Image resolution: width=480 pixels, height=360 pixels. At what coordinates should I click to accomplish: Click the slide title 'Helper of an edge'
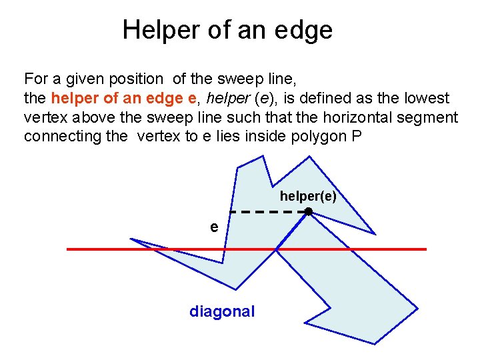(227, 30)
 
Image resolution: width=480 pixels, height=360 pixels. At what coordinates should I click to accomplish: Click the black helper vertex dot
(309, 211)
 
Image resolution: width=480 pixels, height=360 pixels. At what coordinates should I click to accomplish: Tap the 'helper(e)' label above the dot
(308, 197)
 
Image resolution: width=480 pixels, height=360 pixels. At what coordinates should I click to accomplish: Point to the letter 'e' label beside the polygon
(213, 227)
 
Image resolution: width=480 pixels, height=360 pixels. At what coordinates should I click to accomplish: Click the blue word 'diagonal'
(222, 311)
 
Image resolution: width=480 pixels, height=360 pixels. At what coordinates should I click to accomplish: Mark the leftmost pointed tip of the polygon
(131, 239)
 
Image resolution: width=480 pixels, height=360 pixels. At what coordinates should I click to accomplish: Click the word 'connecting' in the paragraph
(55, 137)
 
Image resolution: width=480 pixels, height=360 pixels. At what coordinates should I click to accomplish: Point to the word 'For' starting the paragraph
(35, 79)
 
